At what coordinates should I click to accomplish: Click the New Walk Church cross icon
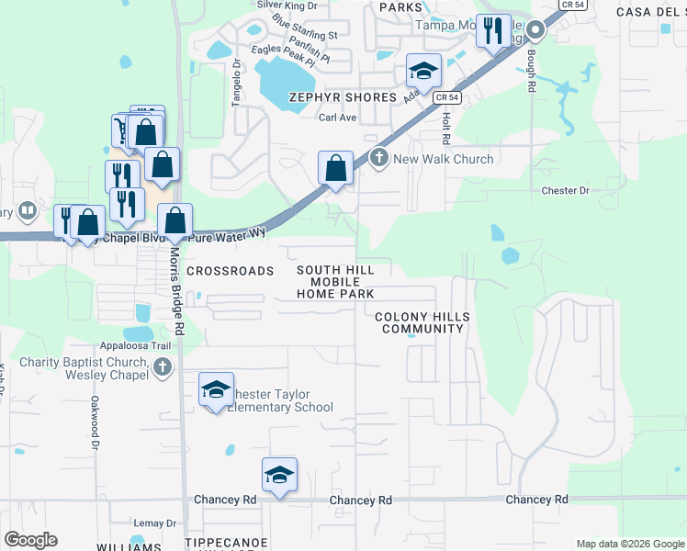click(x=377, y=159)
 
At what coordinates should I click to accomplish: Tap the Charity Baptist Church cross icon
click(x=163, y=368)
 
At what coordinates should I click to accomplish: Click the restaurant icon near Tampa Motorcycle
click(x=493, y=31)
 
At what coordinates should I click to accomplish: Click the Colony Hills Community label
click(x=422, y=322)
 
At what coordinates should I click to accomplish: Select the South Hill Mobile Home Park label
click(x=335, y=282)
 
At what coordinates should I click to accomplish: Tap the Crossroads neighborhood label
click(x=231, y=271)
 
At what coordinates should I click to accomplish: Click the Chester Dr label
click(x=565, y=191)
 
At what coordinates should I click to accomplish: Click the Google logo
click(x=30, y=540)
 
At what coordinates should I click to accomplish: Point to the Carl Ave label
click(x=336, y=118)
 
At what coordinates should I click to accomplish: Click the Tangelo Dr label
click(x=236, y=84)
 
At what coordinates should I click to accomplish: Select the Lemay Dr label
click(x=154, y=523)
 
